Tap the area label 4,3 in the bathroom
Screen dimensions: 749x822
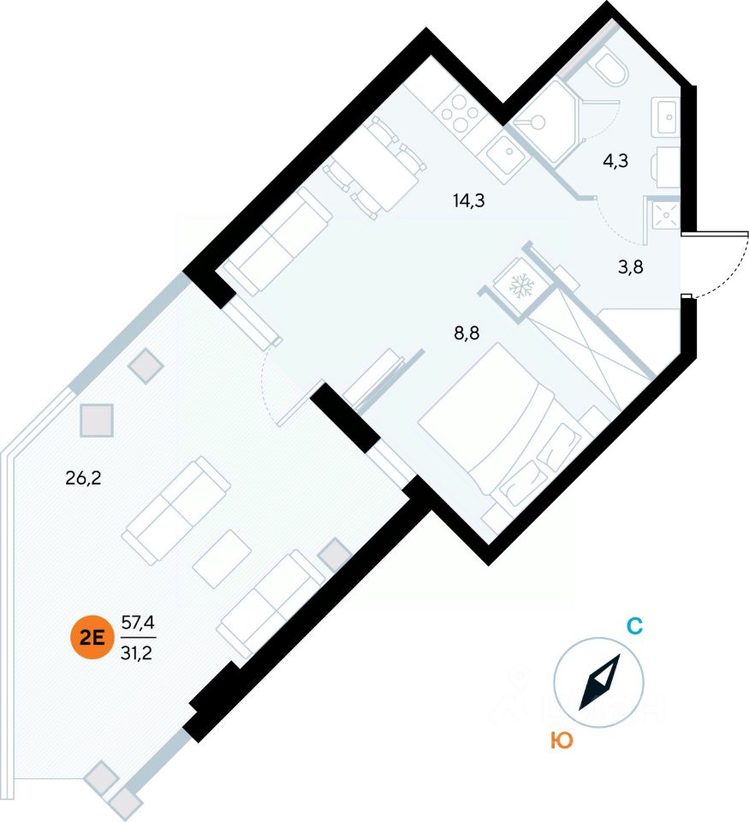(616, 160)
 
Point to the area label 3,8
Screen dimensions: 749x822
(631, 266)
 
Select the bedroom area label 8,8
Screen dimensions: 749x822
(466, 334)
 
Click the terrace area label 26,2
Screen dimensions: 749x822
(84, 478)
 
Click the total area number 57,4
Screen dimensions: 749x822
(138, 622)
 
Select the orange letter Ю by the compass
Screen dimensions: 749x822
(562, 742)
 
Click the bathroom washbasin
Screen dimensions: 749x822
(666, 116)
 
